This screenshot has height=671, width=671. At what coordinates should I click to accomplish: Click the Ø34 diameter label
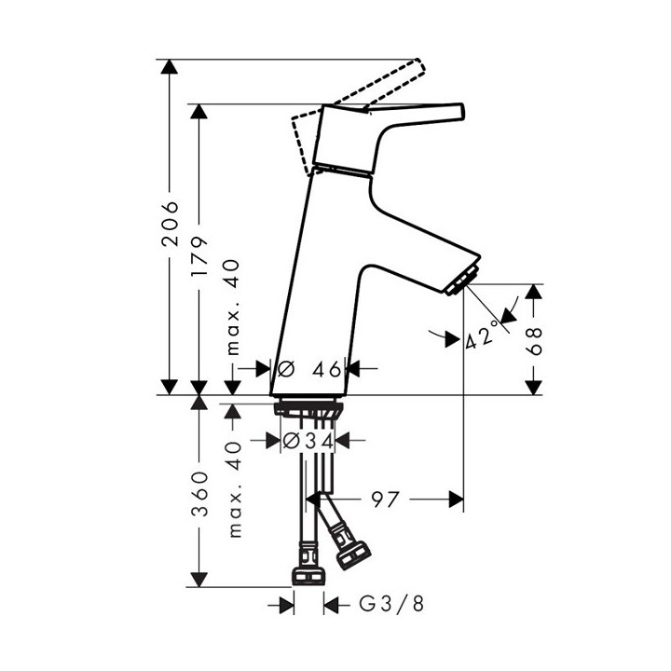[307, 440]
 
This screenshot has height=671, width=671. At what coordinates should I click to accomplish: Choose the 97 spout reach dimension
[382, 500]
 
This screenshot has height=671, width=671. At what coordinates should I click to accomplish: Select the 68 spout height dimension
[532, 339]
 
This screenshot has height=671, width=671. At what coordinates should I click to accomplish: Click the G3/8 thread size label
[391, 605]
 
